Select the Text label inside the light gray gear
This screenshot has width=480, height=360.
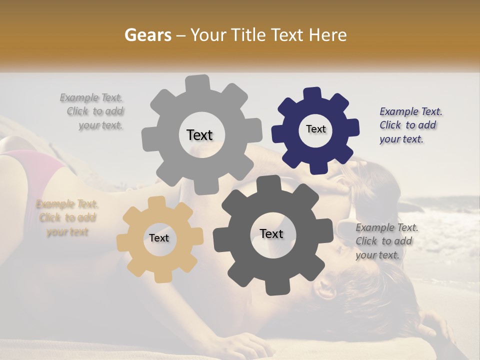[x=199, y=135]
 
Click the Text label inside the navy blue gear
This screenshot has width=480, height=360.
[x=315, y=129]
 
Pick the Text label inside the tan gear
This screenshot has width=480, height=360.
[x=158, y=238]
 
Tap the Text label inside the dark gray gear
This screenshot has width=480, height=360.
[x=271, y=234]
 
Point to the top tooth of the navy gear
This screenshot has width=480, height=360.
[x=312, y=94]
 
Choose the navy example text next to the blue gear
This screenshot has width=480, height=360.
[x=409, y=125]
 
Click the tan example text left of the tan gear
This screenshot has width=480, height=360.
[x=67, y=218]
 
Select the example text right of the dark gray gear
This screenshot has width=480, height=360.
[x=385, y=241]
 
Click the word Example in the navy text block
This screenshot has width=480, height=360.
[x=398, y=111]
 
